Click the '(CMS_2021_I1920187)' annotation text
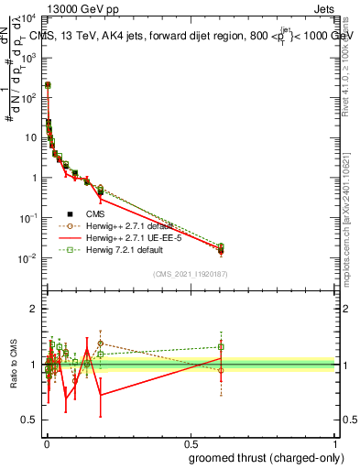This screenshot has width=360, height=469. tap(191, 274)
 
